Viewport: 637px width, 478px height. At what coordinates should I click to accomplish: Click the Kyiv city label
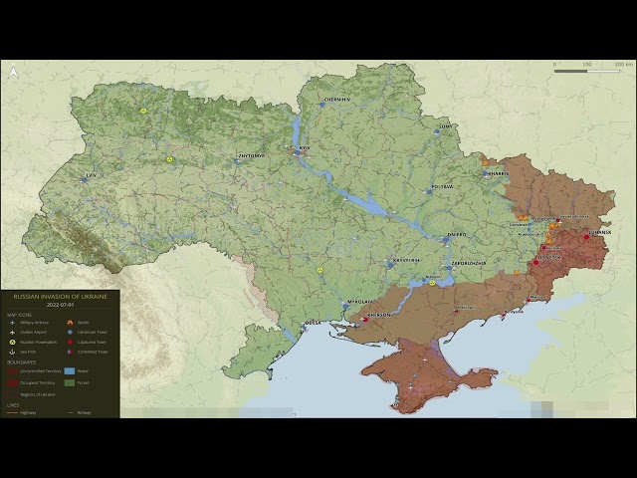point(307,147)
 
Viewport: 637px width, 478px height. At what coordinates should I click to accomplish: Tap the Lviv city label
point(92,176)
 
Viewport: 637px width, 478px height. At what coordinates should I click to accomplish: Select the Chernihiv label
point(338,100)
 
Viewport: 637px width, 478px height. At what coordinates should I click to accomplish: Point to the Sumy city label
point(445,127)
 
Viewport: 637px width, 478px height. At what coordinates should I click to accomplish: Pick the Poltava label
point(441,186)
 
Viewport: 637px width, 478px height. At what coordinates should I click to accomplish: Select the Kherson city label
point(379,315)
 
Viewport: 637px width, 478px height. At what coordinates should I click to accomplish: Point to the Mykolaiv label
point(359,300)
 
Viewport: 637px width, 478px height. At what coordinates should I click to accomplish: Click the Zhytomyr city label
point(251,155)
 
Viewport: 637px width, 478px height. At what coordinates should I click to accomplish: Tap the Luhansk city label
point(599,232)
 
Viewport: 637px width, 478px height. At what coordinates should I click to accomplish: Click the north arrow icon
point(13,72)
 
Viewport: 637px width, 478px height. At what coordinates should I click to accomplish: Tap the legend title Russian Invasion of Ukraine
point(60,297)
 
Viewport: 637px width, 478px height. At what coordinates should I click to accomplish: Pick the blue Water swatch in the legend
point(70,371)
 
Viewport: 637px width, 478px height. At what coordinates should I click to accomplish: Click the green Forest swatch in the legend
point(70,382)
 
